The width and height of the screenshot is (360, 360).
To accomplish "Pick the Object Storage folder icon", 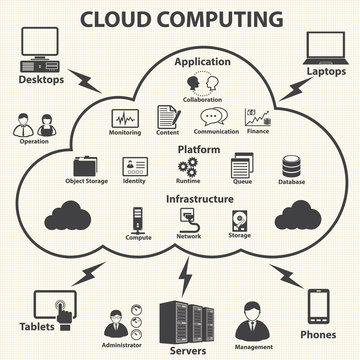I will click(x=87, y=168).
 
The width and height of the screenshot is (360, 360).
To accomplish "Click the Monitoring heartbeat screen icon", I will click(x=124, y=117).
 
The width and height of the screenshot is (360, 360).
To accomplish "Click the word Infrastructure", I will click(x=200, y=199).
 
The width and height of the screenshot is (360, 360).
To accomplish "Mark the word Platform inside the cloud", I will click(x=199, y=148).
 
